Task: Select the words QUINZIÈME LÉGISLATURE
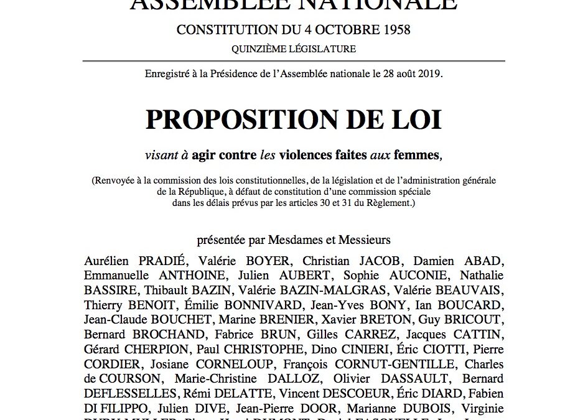(294, 48)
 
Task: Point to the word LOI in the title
(418, 119)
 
